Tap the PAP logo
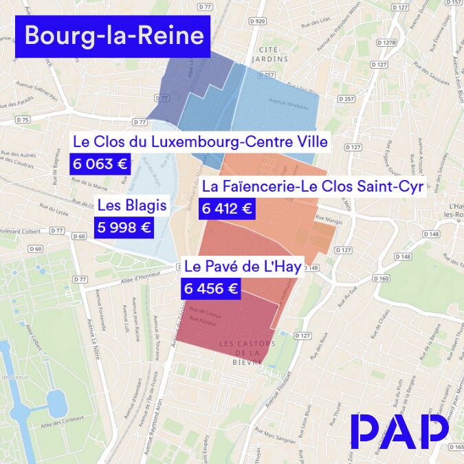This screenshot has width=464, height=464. click(x=399, y=431)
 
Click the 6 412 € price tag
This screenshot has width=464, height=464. click(x=227, y=207)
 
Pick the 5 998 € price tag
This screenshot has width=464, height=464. click(x=123, y=227)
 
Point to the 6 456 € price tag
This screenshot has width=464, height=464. click(x=212, y=288)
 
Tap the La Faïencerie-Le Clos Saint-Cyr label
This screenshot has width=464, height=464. click(x=312, y=186)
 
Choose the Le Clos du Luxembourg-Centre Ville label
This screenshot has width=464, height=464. click(x=200, y=142)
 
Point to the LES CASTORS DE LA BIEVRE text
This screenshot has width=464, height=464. click(x=247, y=353)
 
